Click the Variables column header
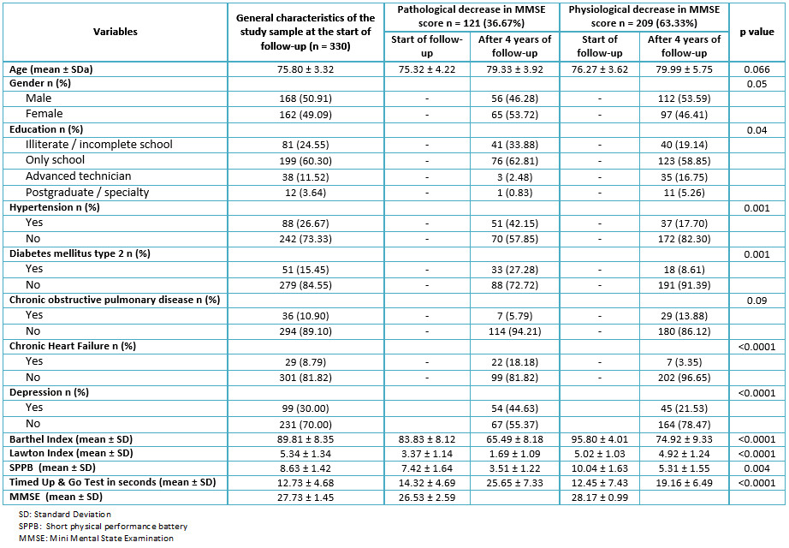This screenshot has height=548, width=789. click(x=116, y=32)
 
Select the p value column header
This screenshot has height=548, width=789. click(x=756, y=32)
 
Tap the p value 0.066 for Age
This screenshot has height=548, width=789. click(x=756, y=69)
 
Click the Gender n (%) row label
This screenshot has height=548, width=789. click(x=40, y=83)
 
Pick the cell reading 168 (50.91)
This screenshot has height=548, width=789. click(x=306, y=98)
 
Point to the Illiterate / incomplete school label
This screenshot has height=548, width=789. click(x=99, y=145)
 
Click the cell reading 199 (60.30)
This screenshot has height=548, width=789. click(x=306, y=161)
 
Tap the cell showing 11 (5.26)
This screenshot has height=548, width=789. click(x=685, y=193)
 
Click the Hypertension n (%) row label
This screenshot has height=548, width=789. click(x=55, y=207)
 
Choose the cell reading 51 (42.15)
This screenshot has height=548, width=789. click(x=515, y=223)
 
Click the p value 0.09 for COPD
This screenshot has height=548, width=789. click(x=756, y=301)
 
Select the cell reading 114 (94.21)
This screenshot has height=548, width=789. click(x=515, y=331)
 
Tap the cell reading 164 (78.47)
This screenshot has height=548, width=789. click(x=685, y=425)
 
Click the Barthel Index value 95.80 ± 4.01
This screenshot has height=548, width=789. click(x=600, y=439)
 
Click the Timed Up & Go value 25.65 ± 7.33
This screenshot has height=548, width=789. click(x=515, y=483)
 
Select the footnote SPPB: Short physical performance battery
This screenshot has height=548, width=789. click(x=104, y=527)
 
